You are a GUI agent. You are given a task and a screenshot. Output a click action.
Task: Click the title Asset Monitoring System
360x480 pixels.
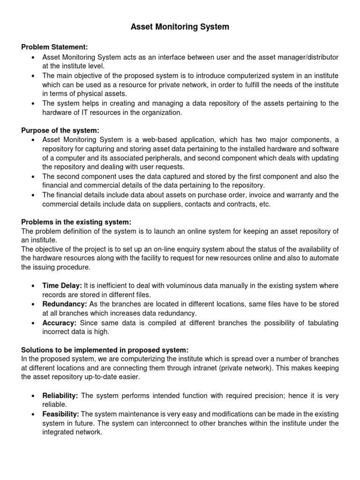tap(180, 27)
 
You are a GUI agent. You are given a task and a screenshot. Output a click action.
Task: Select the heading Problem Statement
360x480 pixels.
tap(54, 47)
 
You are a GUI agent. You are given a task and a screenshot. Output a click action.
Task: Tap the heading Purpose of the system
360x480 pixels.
tap(60, 130)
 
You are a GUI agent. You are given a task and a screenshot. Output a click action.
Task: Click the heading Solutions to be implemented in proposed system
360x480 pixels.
tap(105, 350)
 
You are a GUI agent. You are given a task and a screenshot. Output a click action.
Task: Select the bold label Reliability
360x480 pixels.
tap(60, 396)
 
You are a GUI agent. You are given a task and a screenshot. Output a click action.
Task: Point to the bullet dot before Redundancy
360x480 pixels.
tap(32, 305)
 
